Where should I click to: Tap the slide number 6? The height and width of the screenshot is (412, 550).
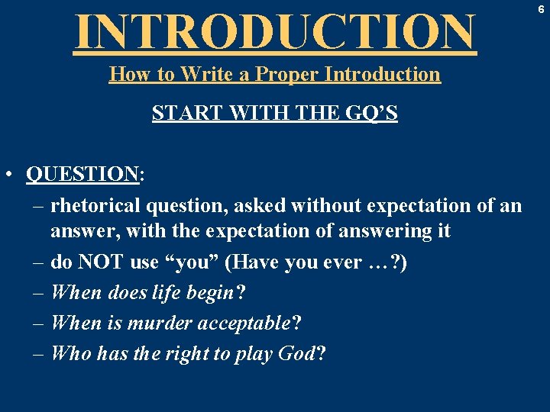(x=541, y=10)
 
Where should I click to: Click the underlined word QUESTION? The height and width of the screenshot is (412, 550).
(x=82, y=175)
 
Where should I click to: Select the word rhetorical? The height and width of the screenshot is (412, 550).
(x=95, y=206)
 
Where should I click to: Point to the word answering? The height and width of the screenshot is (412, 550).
(x=357, y=231)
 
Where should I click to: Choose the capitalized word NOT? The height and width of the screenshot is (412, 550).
(x=101, y=262)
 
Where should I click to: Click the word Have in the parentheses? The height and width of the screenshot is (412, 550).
(x=257, y=262)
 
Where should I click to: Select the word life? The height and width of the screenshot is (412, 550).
(x=168, y=293)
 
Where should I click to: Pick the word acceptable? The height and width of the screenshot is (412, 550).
(x=243, y=323)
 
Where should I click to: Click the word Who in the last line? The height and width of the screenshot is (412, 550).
(x=70, y=354)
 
